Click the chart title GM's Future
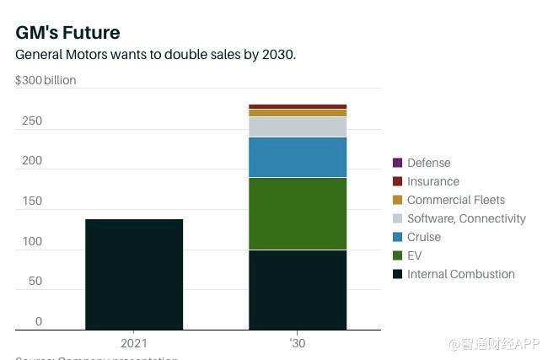click(67, 32)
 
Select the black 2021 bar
click(134, 274)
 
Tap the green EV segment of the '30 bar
click(298, 213)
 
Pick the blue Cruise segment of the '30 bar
click(298, 157)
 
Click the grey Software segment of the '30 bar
click(298, 126)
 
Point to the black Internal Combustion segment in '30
click(298, 289)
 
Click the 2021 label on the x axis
click(134, 343)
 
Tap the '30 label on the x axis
click(298, 343)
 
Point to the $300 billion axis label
click(46, 81)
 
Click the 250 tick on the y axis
click(32, 121)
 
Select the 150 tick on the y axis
click(32, 201)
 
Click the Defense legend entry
click(428, 163)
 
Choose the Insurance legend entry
click(432, 181)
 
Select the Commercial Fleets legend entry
click(455, 200)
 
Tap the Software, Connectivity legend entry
click(465, 218)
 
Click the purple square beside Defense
click(397, 163)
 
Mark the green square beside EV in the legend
click(397, 255)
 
